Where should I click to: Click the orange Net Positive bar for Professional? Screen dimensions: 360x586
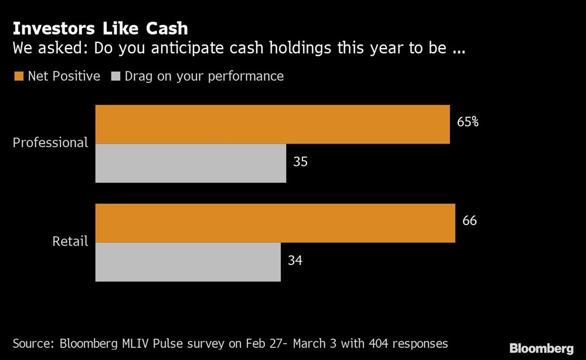272,124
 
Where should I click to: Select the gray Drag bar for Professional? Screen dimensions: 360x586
190,163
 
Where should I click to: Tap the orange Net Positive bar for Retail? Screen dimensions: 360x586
275,223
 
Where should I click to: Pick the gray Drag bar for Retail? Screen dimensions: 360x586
188,262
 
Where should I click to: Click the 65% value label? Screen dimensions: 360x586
468,123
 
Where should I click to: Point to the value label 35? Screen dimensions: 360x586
300,162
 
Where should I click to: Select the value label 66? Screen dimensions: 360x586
469,221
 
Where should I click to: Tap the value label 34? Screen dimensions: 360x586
295,260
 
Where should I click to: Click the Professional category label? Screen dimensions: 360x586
50,142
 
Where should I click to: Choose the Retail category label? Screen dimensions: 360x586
70,241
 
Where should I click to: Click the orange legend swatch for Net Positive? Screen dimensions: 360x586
18,76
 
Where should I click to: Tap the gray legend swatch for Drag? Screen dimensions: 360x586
115,76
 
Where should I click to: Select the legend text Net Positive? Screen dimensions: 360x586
64,76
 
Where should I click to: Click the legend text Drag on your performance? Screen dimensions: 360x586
204,76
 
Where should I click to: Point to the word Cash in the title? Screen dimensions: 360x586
165,28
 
